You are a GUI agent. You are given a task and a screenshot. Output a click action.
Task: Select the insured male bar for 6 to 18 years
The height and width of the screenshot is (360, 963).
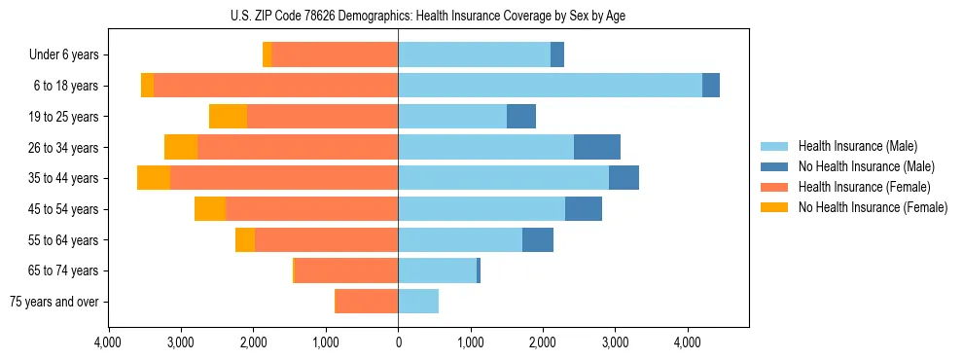click(550, 86)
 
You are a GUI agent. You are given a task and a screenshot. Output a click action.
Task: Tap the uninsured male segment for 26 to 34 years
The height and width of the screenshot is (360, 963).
click(597, 147)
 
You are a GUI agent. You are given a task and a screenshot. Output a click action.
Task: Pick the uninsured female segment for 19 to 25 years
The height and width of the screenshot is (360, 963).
click(228, 117)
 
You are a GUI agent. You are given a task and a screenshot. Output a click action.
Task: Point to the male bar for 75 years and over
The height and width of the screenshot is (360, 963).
click(418, 302)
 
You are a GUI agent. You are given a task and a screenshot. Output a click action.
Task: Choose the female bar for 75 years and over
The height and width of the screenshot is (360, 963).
click(366, 302)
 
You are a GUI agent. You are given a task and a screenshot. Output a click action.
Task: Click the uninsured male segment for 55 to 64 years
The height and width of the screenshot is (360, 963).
click(538, 239)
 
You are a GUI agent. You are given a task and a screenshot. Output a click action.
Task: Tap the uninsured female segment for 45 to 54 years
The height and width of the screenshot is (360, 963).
click(210, 209)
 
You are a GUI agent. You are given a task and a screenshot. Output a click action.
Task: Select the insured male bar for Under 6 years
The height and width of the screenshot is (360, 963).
click(474, 54)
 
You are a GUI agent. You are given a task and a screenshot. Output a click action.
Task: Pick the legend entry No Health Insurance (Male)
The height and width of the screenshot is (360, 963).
click(866, 166)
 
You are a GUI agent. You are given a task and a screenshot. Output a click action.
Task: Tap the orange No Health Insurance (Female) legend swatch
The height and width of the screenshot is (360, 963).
click(775, 207)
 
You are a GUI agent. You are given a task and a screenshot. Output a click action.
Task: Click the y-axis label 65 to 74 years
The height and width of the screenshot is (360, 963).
click(65, 270)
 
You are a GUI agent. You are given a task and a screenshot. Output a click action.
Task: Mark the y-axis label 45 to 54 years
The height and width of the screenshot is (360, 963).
click(65, 209)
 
